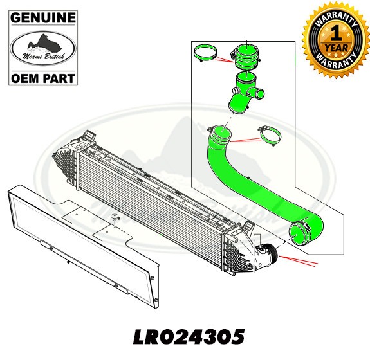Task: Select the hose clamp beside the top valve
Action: click(209, 53)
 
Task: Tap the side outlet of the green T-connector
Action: click(260, 94)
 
